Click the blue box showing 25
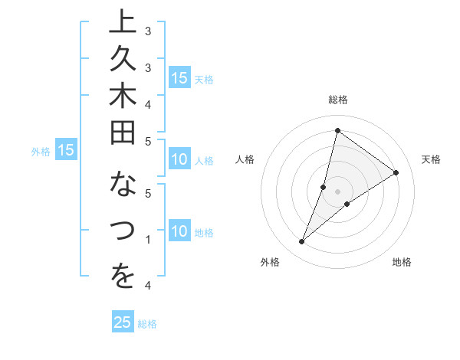[123, 322]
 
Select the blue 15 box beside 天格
[179, 77]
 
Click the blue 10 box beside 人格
[179, 160]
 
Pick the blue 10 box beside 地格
[179, 231]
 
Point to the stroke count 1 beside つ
[148, 240]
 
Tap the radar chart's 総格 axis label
[337, 100]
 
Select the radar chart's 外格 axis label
[270, 262]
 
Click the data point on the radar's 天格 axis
[396, 172]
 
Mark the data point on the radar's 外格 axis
[301, 242]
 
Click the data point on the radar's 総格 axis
[337, 130]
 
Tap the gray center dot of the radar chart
[337, 191]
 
